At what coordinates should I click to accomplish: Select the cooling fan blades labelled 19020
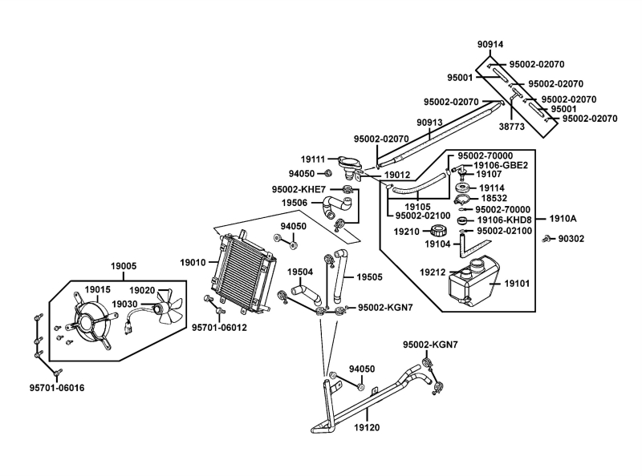tap(169, 309)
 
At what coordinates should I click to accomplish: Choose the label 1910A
tap(563, 218)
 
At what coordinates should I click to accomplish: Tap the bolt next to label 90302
tap(546, 239)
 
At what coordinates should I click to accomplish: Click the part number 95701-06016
tap(56, 388)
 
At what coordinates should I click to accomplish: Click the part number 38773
tap(512, 127)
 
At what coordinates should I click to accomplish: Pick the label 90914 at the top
tap(490, 45)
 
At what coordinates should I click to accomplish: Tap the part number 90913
tap(429, 123)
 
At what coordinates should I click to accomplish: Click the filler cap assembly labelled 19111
tap(349, 165)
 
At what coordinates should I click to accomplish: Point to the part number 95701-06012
tap(219, 327)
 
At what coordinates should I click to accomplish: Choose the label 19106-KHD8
tap(504, 220)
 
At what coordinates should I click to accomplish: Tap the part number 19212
tap(432, 272)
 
